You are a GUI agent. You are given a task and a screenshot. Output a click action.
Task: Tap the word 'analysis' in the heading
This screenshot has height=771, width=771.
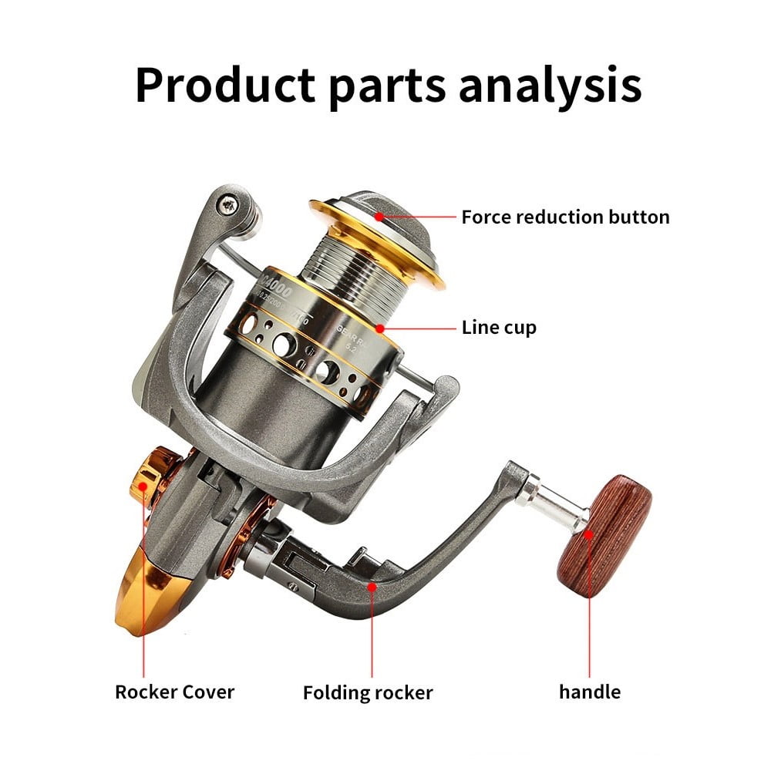(x=550, y=86)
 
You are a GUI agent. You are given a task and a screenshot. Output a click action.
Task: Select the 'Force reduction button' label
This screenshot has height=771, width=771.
(x=565, y=217)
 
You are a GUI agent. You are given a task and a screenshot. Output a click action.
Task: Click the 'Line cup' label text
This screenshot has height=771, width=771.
(x=499, y=327)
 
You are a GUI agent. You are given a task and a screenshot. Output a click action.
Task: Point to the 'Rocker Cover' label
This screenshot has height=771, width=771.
(x=174, y=692)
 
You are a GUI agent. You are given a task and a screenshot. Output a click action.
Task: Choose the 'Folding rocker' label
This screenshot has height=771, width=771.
(x=368, y=692)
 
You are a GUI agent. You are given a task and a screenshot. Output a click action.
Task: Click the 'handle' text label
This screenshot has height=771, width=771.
(x=589, y=692)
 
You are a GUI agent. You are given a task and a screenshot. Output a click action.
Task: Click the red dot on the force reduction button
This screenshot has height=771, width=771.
(x=380, y=217)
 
